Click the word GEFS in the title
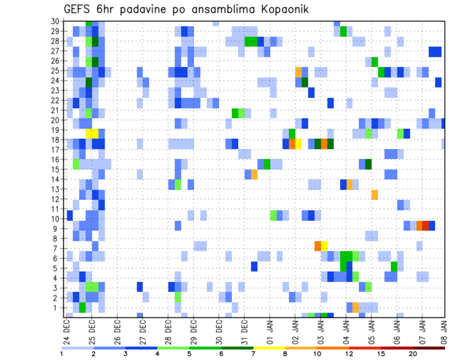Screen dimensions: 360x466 click(78, 9)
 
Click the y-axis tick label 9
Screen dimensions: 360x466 click(57, 229)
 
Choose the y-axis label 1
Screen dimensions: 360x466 click(57, 308)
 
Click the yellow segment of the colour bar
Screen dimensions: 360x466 click(269, 347)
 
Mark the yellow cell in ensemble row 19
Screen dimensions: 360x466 click(92, 133)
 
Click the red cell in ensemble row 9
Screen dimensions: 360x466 click(426, 226)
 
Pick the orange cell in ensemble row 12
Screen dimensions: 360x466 click(375, 195)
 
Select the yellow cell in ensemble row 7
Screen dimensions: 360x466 click(324, 246)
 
